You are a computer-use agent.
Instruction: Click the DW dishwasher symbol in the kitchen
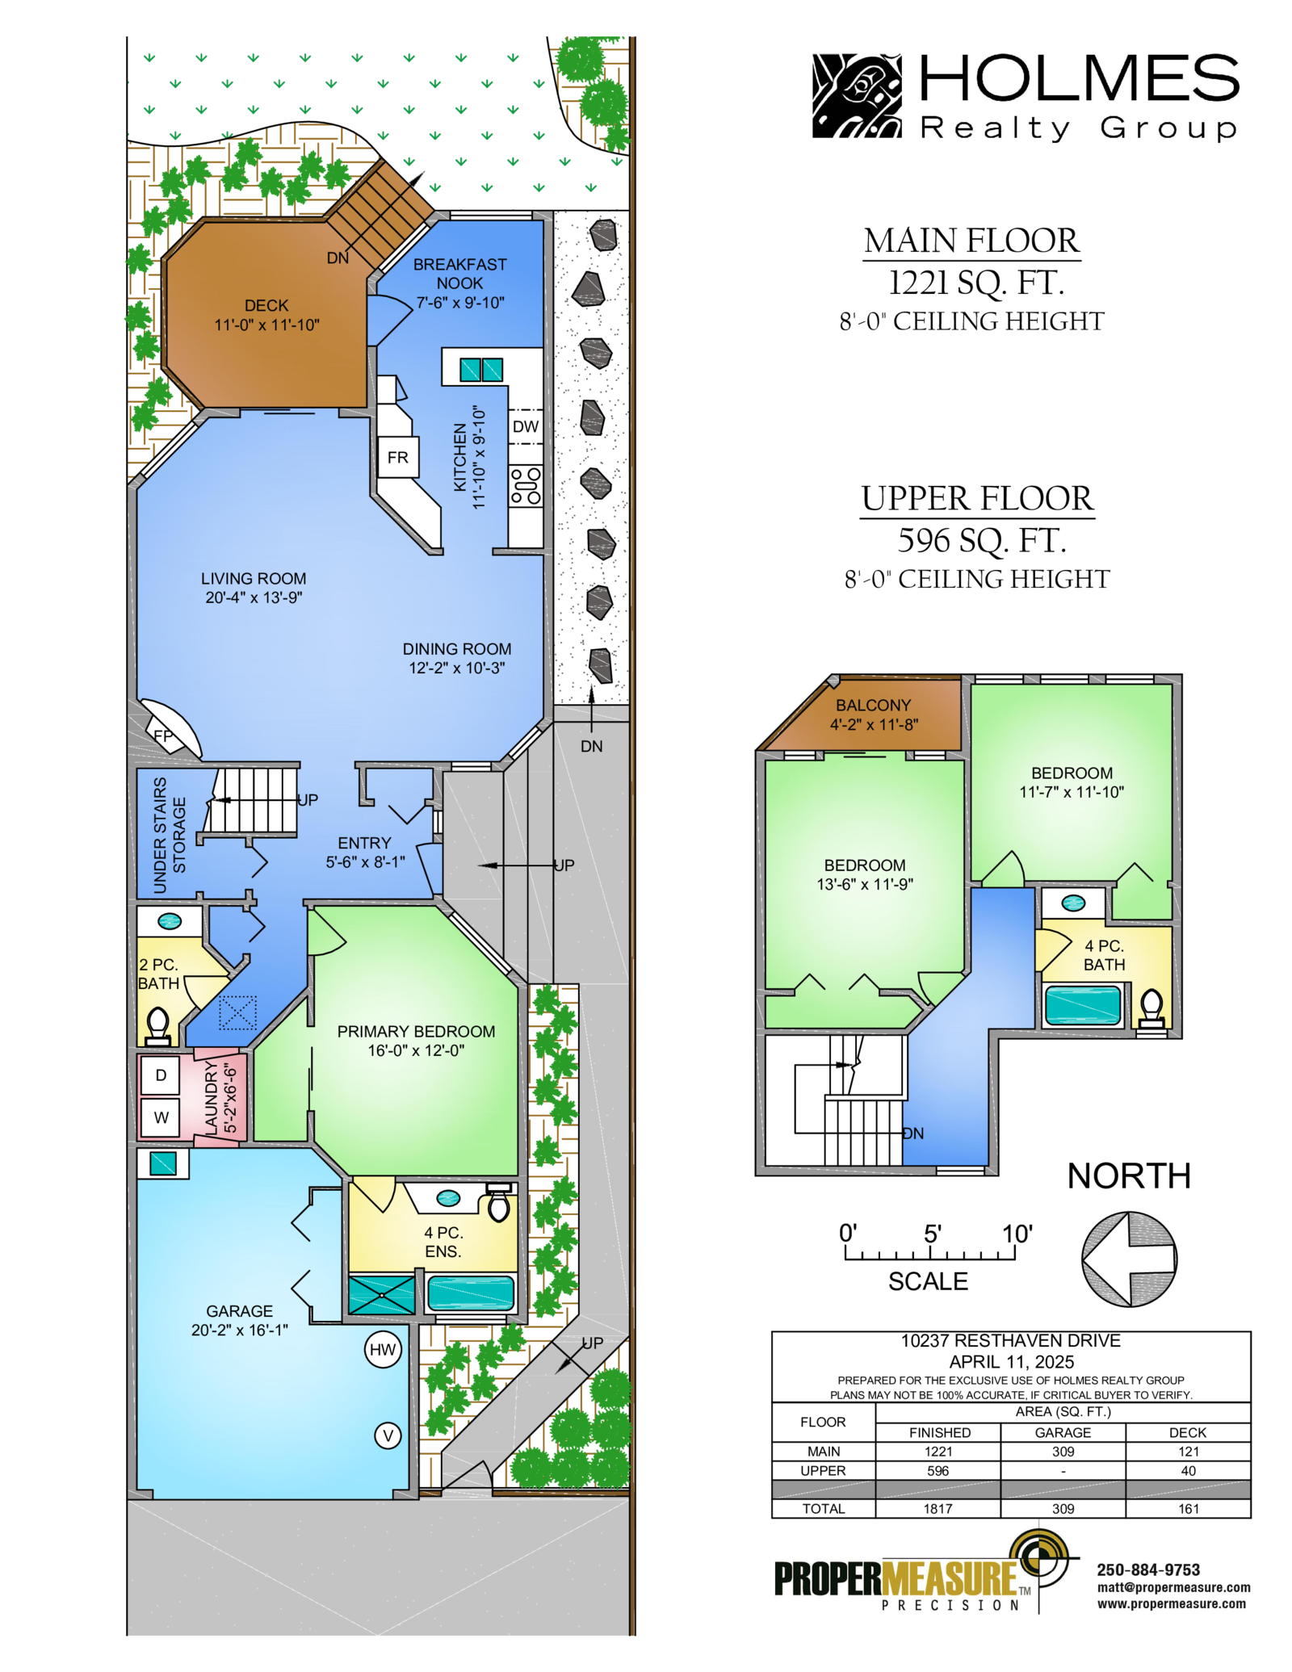(526, 426)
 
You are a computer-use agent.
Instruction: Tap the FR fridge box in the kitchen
(398, 457)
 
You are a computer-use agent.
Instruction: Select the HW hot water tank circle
(383, 1349)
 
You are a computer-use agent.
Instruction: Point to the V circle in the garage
(388, 1435)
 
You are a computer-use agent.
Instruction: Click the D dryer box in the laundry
(161, 1075)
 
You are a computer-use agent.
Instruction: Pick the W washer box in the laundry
(161, 1117)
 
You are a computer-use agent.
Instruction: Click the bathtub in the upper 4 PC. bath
(1083, 1005)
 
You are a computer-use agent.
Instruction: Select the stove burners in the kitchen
(526, 486)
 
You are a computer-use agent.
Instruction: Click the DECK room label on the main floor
(266, 305)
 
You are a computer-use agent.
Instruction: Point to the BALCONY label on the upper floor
(873, 705)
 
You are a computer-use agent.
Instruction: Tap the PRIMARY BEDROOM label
(416, 1031)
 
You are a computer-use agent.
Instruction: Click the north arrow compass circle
(1129, 1259)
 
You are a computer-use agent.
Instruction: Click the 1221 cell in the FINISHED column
(938, 1451)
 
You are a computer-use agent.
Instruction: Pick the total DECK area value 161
(1188, 1508)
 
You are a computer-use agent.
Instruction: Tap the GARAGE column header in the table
(1063, 1432)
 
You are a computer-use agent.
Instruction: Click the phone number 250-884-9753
(1148, 1569)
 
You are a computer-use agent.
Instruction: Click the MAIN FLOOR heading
(971, 240)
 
